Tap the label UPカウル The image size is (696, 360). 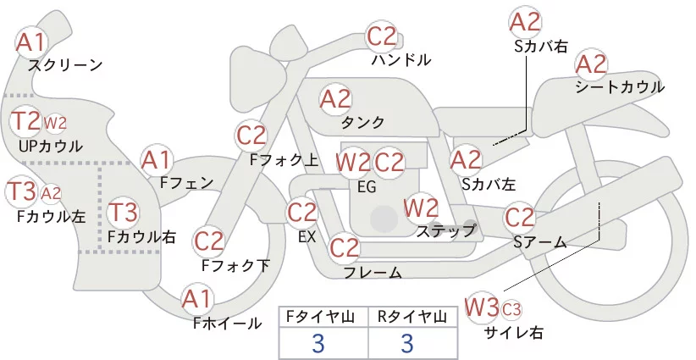50,147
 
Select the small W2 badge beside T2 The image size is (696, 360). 54,124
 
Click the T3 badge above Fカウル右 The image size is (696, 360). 124,211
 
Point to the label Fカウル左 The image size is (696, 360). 51,217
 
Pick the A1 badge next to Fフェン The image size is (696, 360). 157,159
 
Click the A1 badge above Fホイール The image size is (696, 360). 198,298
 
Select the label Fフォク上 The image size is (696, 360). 284,158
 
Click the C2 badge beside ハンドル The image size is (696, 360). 381,37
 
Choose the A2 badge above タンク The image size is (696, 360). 335,99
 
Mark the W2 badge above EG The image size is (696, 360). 353,162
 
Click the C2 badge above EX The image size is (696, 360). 302,212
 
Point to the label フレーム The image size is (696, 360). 373,273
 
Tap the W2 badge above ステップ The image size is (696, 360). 421,208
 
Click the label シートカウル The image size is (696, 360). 619,87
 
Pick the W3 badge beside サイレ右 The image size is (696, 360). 482,306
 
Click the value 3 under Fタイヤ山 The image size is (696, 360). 318,343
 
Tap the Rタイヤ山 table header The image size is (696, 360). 412,317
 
